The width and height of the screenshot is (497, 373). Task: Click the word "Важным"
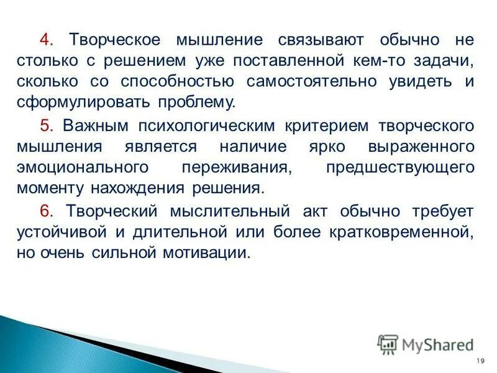[x=96, y=126]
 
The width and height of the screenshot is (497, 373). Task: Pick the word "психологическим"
[x=207, y=126]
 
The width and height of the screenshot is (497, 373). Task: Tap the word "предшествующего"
[x=399, y=168]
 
